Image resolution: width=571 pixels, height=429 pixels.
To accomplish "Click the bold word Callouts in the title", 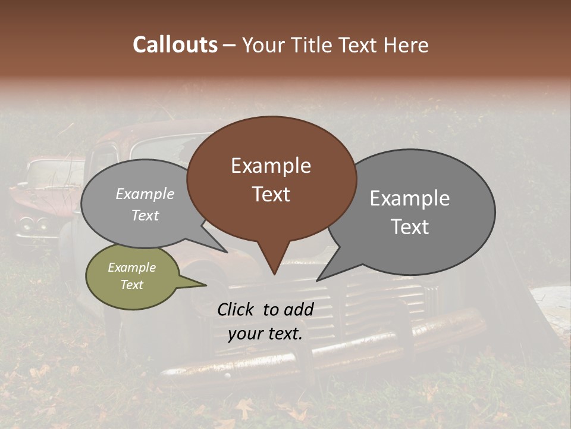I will point(175,45).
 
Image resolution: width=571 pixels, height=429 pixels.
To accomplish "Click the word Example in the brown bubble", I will point(271,165).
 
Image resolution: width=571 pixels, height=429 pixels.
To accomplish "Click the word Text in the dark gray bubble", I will point(410,226).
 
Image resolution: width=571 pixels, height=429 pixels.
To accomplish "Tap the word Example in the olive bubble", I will point(131,268).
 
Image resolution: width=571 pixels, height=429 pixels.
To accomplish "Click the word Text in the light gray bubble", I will point(145,215).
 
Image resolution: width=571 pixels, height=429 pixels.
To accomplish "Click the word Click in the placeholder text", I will point(236,309).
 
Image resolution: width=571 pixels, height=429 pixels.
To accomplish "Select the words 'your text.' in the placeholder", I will point(265,334).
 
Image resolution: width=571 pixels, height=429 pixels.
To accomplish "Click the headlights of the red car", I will point(33,224).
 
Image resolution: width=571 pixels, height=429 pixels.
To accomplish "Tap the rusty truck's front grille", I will point(381,304).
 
